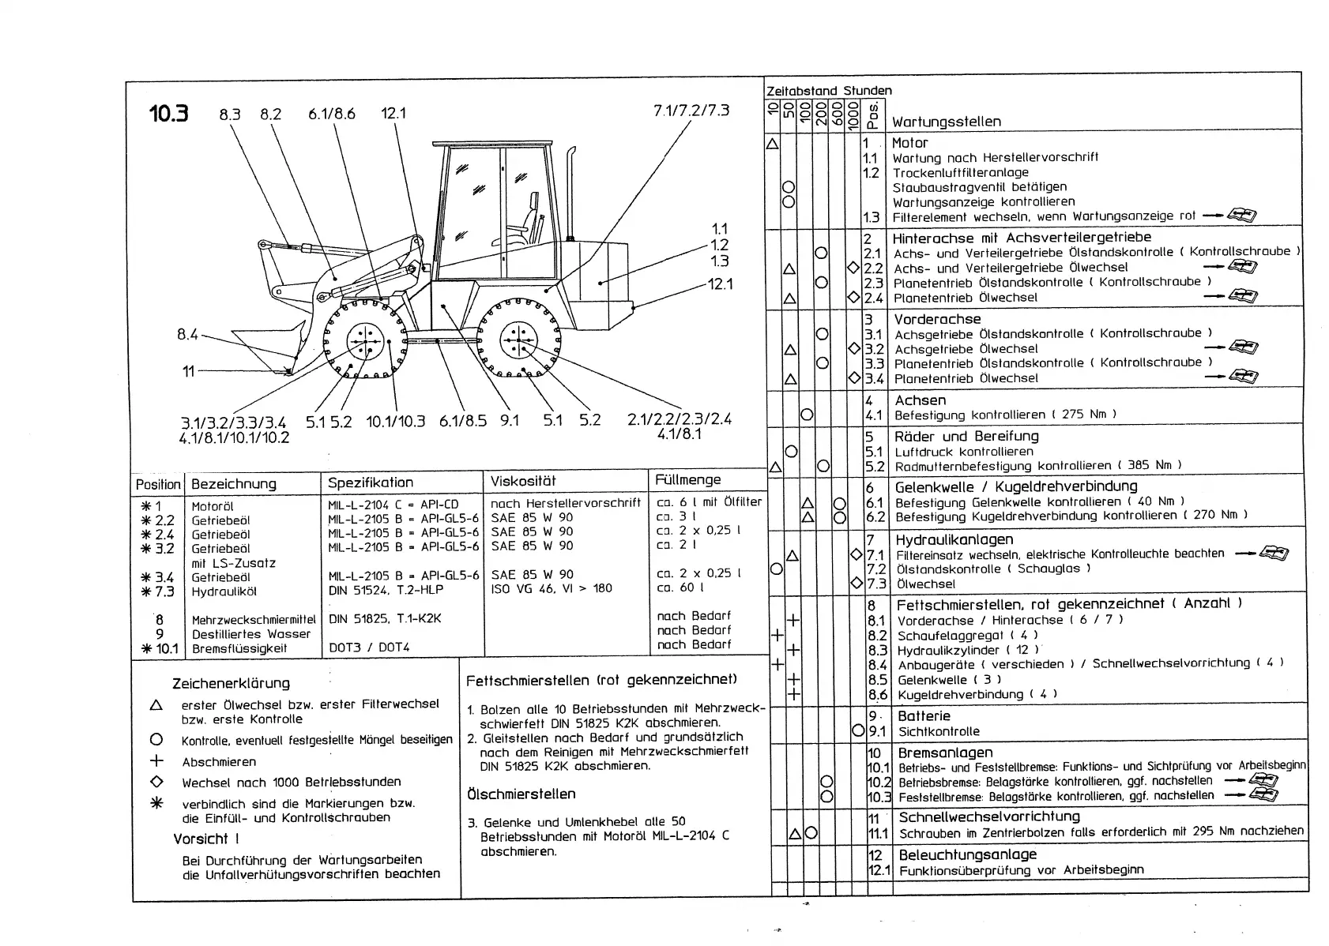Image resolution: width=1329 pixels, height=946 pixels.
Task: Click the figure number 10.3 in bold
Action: click(x=168, y=114)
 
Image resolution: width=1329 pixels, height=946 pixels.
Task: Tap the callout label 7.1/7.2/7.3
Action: click(x=691, y=111)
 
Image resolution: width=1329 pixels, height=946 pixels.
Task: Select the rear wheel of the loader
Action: click(x=518, y=340)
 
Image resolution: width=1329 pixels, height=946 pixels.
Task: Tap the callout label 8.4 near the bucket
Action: click(x=187, y=334)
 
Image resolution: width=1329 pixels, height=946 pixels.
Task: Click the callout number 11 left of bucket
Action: click(x=188, y=370)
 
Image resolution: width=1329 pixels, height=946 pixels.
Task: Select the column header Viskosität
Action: click(x=523, y=481)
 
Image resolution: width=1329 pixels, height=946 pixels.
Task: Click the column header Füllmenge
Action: click(x=687, y=480)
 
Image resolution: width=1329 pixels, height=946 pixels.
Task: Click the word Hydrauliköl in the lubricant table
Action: click(x=224, y=591)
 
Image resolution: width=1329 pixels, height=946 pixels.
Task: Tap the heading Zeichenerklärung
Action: click(x=231, y=683)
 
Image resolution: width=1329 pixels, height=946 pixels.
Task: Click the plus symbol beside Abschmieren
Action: click(x=156, y=761)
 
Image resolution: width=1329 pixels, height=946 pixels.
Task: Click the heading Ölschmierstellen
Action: click(x=521, y=794)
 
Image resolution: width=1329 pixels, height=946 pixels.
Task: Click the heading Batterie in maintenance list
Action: click(x=924, y=716)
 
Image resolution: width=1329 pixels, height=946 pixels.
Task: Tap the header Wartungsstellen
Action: click(x=946, y=122)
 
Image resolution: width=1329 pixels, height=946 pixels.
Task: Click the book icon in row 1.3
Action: click(x=1244, y=216)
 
